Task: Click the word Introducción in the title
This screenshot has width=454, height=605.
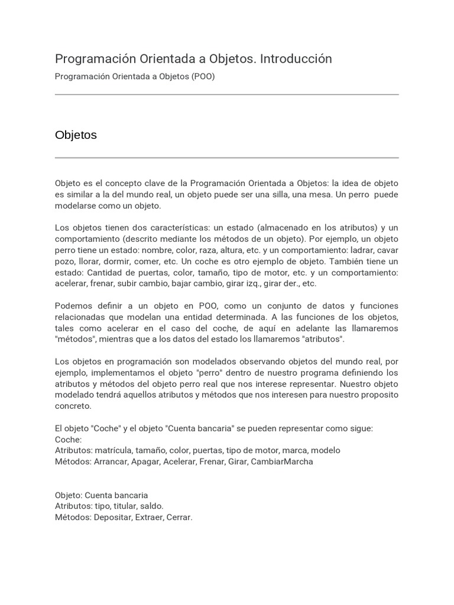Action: [296, 59]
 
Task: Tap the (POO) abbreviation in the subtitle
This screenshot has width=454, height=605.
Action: [203, 77]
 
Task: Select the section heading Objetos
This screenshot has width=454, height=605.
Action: [76, 135]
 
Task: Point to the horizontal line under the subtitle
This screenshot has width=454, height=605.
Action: [226, 95]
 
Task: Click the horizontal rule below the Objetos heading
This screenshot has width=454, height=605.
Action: [226, 158]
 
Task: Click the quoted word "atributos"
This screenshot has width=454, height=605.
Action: [323, 339]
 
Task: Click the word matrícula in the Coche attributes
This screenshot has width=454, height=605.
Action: [117, 450]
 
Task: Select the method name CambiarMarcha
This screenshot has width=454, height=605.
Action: [282, 461]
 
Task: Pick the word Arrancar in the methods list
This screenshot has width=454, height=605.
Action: [111, 461]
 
